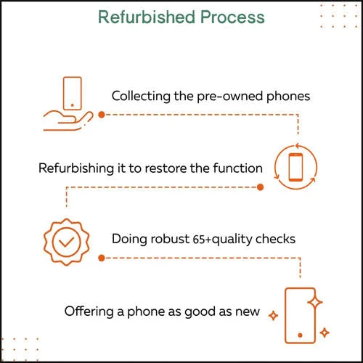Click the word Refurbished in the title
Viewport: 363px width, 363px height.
[147, 17]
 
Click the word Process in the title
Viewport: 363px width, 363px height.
[232, 17]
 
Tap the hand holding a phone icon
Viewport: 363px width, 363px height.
[68, 104]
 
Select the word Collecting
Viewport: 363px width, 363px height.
[141, 97]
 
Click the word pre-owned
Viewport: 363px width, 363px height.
[230, 97]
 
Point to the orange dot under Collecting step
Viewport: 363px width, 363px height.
[102, 115]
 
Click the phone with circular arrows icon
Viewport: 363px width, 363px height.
[295, 167]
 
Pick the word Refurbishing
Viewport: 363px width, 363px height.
[76, 168]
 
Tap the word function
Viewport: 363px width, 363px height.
[238, 168]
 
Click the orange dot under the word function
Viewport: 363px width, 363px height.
[261, 187]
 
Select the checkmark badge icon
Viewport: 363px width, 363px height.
[67, 242]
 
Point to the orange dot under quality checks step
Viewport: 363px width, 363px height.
[102, 258]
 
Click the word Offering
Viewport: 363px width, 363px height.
[89, 311]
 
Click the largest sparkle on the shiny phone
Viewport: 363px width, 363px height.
[315, 302]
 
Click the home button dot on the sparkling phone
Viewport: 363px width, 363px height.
[300, 335]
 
